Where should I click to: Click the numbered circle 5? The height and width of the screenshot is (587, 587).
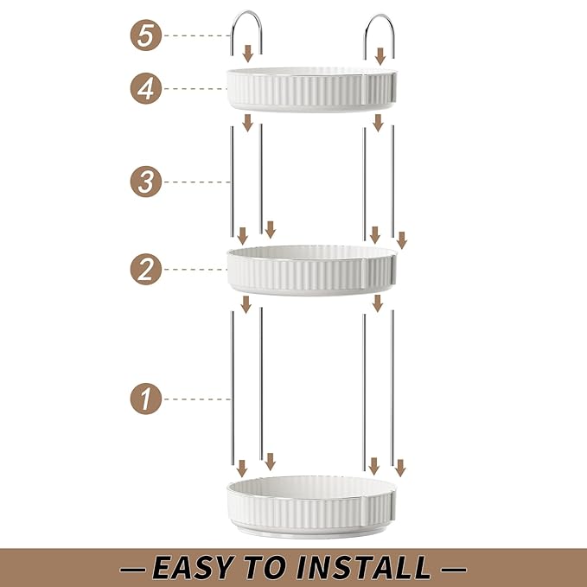[146, 35]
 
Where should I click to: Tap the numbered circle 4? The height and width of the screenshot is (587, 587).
[146, 88]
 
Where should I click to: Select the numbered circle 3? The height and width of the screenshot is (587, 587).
[146, 182]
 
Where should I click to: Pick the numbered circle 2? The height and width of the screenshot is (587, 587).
[146, 269]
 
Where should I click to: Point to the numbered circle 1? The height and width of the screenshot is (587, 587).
[146, 399]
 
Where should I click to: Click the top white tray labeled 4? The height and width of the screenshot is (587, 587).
[311, 90]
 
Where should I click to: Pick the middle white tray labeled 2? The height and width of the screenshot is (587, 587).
[311, 271]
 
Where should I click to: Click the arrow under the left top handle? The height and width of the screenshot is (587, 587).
[248, 54]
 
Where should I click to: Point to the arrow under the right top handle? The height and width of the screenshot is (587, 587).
[380, 56]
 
